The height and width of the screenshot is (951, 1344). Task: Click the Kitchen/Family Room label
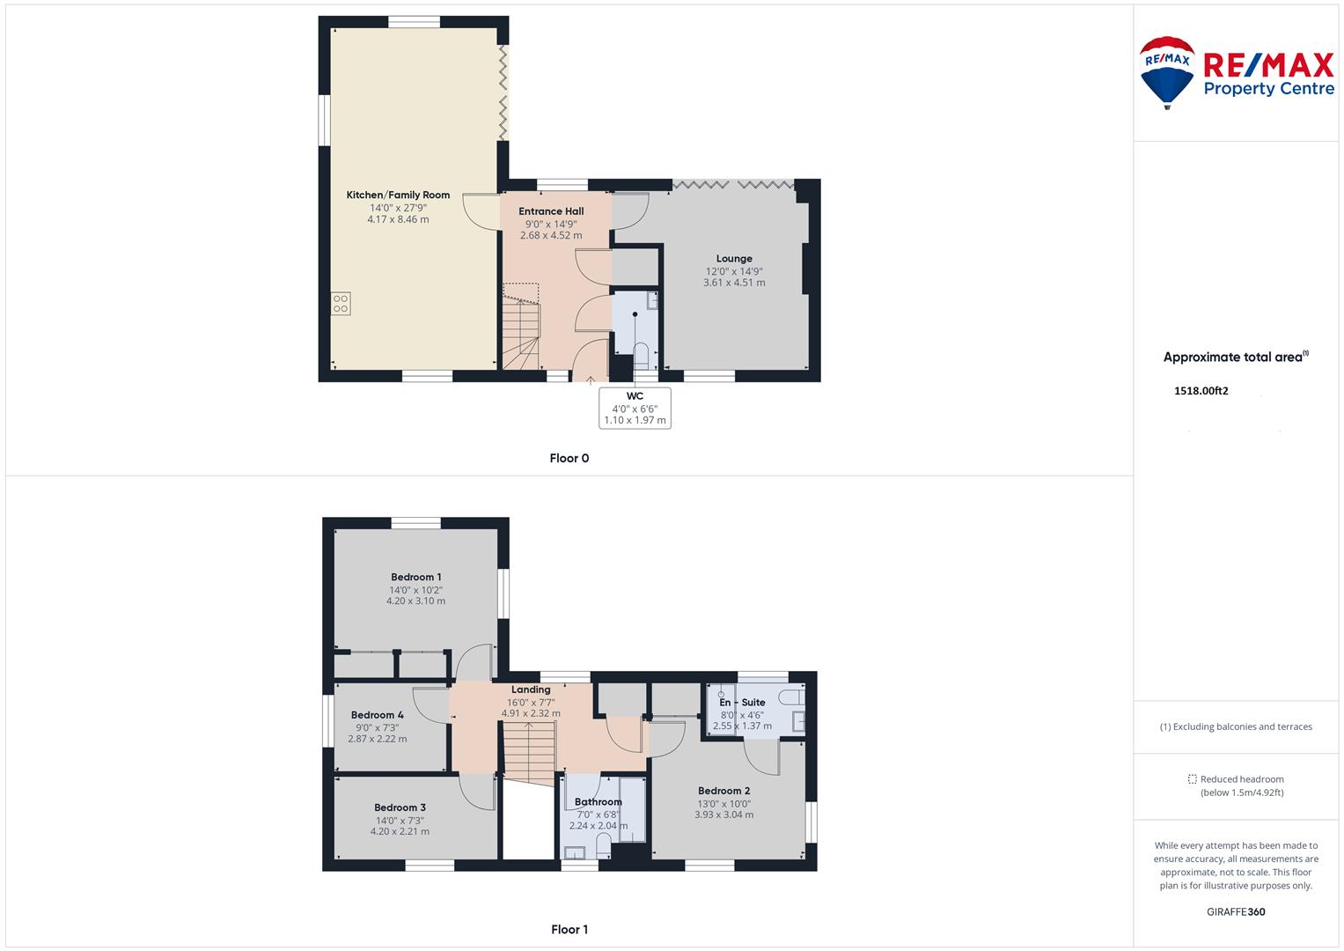coord(398,195)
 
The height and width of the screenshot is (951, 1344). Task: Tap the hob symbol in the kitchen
coord(341,303)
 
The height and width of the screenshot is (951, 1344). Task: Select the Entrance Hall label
coord(551,211)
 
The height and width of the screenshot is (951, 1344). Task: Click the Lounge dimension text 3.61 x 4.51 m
coord(734,283)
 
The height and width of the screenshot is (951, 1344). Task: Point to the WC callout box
coord(635,409)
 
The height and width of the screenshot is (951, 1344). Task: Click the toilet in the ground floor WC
coord(641,356)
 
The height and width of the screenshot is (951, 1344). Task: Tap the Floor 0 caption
coord(569,458)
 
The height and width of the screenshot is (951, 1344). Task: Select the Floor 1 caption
coord(569,929)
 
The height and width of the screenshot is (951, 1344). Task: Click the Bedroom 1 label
coord(415,578)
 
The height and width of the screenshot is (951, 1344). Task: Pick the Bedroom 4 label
coord(377,715)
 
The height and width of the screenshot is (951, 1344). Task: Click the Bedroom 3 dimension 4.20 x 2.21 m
coord(400,831)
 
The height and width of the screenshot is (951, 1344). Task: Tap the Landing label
coord(531,689)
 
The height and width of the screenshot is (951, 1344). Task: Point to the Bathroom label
coord(598,802)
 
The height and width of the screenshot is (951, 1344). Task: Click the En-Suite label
coord(742,703)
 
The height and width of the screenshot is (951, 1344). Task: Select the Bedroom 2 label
coord(723,791)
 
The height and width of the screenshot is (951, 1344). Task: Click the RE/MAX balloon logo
coord(1167,72)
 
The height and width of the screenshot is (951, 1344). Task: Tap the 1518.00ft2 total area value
coord(1201,391)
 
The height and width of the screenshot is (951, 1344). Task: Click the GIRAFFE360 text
coord(1236,912)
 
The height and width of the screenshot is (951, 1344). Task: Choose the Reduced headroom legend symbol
coord(1192,779)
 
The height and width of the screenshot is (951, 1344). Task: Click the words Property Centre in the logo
coord(1268,89)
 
